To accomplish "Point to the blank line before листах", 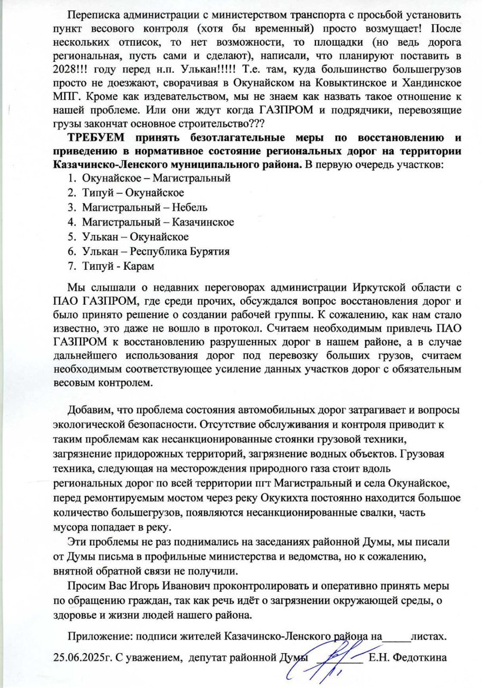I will click(395, 639).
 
